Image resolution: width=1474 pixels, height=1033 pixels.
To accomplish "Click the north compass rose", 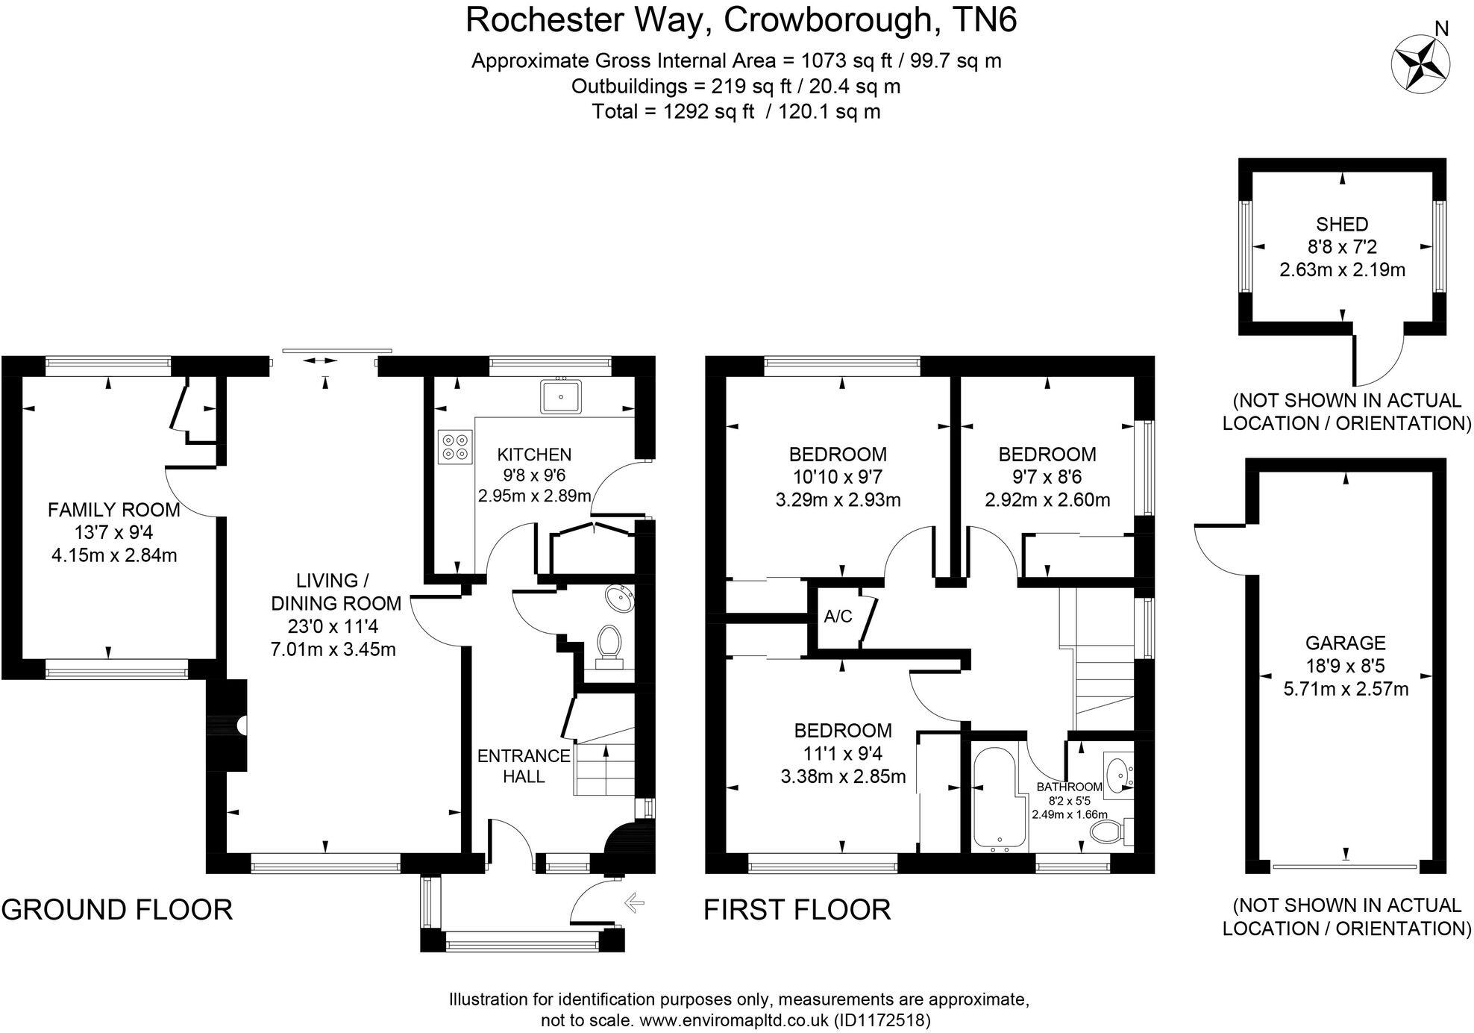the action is pyautogui.click(x=1420, y=62).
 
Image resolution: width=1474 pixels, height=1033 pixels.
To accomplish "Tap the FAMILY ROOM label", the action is pyautogui.click(x=113, y=510).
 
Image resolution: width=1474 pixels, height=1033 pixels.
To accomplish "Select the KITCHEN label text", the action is pyautogui.click(x=534, y=455).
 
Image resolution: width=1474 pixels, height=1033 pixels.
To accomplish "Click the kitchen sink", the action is pyautogui.click(x=560, y=396).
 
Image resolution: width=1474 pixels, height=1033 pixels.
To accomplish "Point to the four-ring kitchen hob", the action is pyautogui.click(x=455, y=446).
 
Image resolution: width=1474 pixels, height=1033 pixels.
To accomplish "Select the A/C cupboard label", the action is pyautogui.click(x=838, y=617).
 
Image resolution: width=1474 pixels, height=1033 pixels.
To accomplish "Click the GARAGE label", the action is pyautogui.click(x=1345, y=643).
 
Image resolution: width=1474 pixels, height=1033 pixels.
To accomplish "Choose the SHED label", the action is pyautogui.click(x=1342, y=224).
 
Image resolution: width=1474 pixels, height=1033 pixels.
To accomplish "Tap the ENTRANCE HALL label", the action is pyautogui.click(x=524, y=766).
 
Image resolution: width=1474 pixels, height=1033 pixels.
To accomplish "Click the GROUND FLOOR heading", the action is pyautogui.click(x=117, y=910).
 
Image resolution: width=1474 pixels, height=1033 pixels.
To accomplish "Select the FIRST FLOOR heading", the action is pyautogui.click(x=797, y=910).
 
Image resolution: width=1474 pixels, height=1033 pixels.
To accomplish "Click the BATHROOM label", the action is pyautogui.click(x=1069, y=787).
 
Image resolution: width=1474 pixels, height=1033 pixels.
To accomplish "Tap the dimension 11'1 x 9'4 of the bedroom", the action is pyautogui.click(x=842, y=753).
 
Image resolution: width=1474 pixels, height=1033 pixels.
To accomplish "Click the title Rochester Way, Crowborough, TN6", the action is pyautogui.click(x=741, y=21).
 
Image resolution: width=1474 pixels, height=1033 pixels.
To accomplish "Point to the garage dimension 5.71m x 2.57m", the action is pyautogui.click(x=1346, y=688).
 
